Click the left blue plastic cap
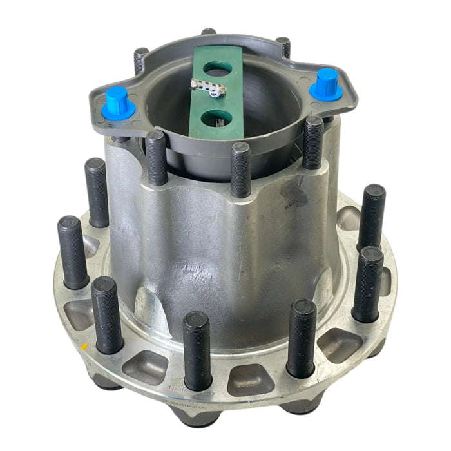pyautogui.click(x=117, y=102)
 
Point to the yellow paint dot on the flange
pyautogui.click(x=84, y=347)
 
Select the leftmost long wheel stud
pyautogui.click(x=72, y=251)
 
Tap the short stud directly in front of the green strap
pyautogui.click(x=240, y=169)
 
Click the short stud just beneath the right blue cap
pyautogui.click(x=313, y=142)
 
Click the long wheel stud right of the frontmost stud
pyautogui.click(x=301, y=338)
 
